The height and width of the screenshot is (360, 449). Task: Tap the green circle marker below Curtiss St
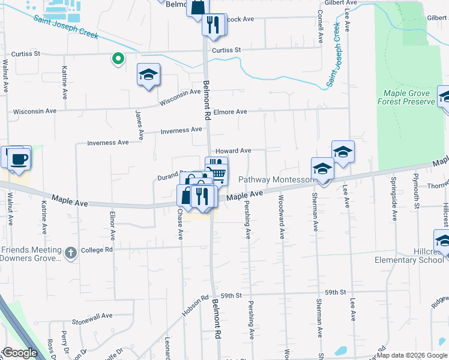118,59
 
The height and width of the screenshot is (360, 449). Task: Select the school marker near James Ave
148,75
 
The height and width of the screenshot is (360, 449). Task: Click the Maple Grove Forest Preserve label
406,98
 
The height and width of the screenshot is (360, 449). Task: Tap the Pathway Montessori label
276,180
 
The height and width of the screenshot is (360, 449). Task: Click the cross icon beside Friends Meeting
70,252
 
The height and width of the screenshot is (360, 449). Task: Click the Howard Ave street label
234,151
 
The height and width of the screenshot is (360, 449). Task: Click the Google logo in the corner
19,353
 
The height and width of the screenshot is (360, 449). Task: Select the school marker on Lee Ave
342,152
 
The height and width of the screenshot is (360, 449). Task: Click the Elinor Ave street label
112,221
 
